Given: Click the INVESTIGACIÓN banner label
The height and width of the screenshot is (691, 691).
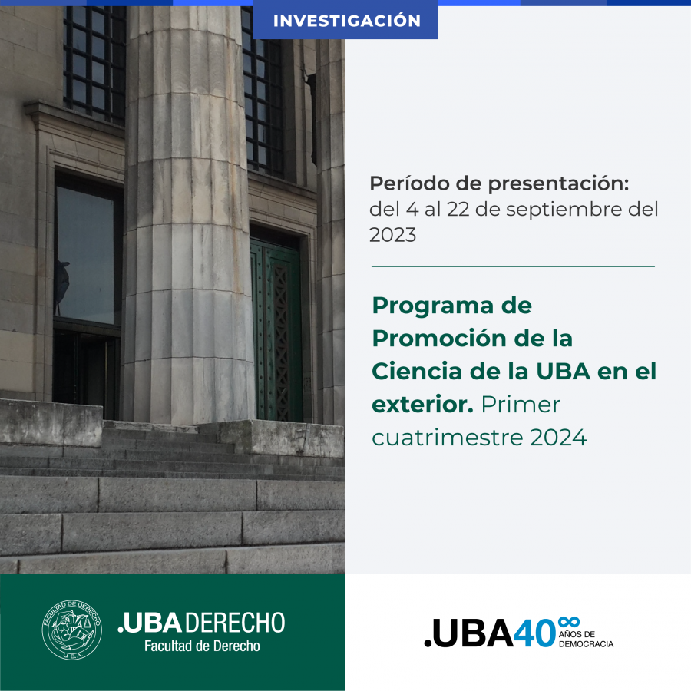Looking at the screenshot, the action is point(347,21).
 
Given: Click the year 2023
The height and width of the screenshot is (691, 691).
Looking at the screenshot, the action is point(392,235).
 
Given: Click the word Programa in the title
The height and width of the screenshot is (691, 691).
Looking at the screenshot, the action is point(433,306).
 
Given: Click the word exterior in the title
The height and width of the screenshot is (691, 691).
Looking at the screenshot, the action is point(422,405).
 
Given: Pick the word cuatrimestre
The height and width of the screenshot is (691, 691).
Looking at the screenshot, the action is point(448,438).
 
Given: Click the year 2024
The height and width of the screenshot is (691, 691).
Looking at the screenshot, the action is point(558,438).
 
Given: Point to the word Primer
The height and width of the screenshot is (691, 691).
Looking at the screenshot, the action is point(521,405).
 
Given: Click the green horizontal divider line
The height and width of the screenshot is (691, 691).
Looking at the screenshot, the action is point(513,266).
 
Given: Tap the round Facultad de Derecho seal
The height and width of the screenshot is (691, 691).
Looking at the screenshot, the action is point(72,630).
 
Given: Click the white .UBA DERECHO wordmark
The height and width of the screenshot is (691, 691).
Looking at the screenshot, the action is point(201,623).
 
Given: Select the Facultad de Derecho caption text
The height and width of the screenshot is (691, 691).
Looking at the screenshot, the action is point(202,646).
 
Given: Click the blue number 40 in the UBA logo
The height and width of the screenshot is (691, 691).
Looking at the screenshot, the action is point(534,633).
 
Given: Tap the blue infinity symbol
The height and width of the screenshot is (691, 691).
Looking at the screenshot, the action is point(568,622).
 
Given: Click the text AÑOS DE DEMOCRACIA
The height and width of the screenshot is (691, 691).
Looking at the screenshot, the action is point(586,639).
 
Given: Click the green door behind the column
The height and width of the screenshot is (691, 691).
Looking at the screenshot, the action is point(276,330).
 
